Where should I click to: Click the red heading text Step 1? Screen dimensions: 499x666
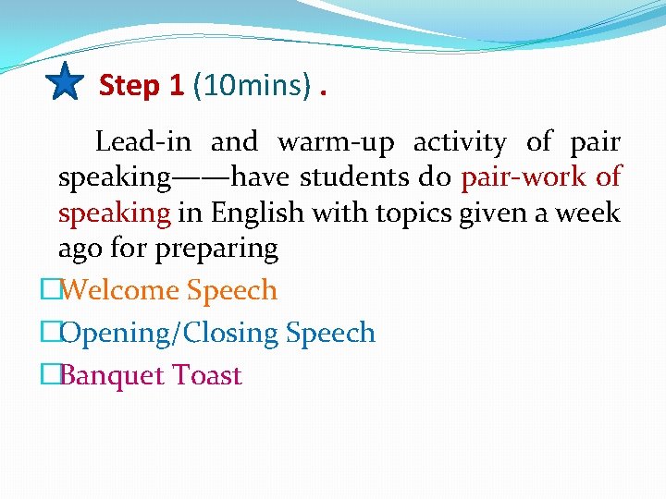tap(142, 85)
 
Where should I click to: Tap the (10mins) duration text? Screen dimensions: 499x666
tap(252, 85)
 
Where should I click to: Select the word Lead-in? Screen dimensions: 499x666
tap(143, 142)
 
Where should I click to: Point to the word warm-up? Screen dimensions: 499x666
tap(336, 142)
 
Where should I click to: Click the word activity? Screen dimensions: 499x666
tap(460, 142)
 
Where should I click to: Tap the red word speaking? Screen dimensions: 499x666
tap(114, 213)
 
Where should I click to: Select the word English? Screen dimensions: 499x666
tap(257, 213)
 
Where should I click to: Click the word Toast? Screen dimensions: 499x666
tap(211, 375)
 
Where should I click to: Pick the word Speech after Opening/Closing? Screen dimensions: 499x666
tap(330, 333)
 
